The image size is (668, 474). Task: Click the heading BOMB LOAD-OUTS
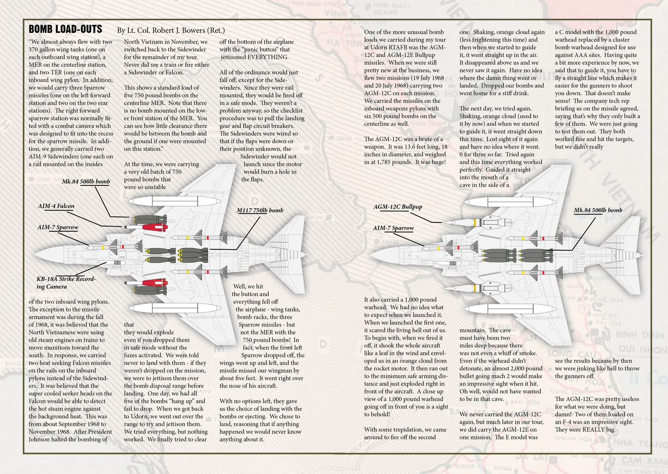coord(65,29)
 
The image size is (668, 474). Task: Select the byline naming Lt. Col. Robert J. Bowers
coord(171,31)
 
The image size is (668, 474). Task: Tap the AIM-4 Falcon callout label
coord(56,206)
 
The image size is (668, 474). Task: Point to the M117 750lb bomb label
coord(260,210)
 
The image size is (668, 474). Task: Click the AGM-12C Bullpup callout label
coord(398,207)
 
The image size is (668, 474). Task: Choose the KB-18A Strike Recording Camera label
coord(66,283)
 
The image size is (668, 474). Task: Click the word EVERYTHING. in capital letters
coord(268,57)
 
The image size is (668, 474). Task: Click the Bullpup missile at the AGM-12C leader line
coord(467,222)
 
